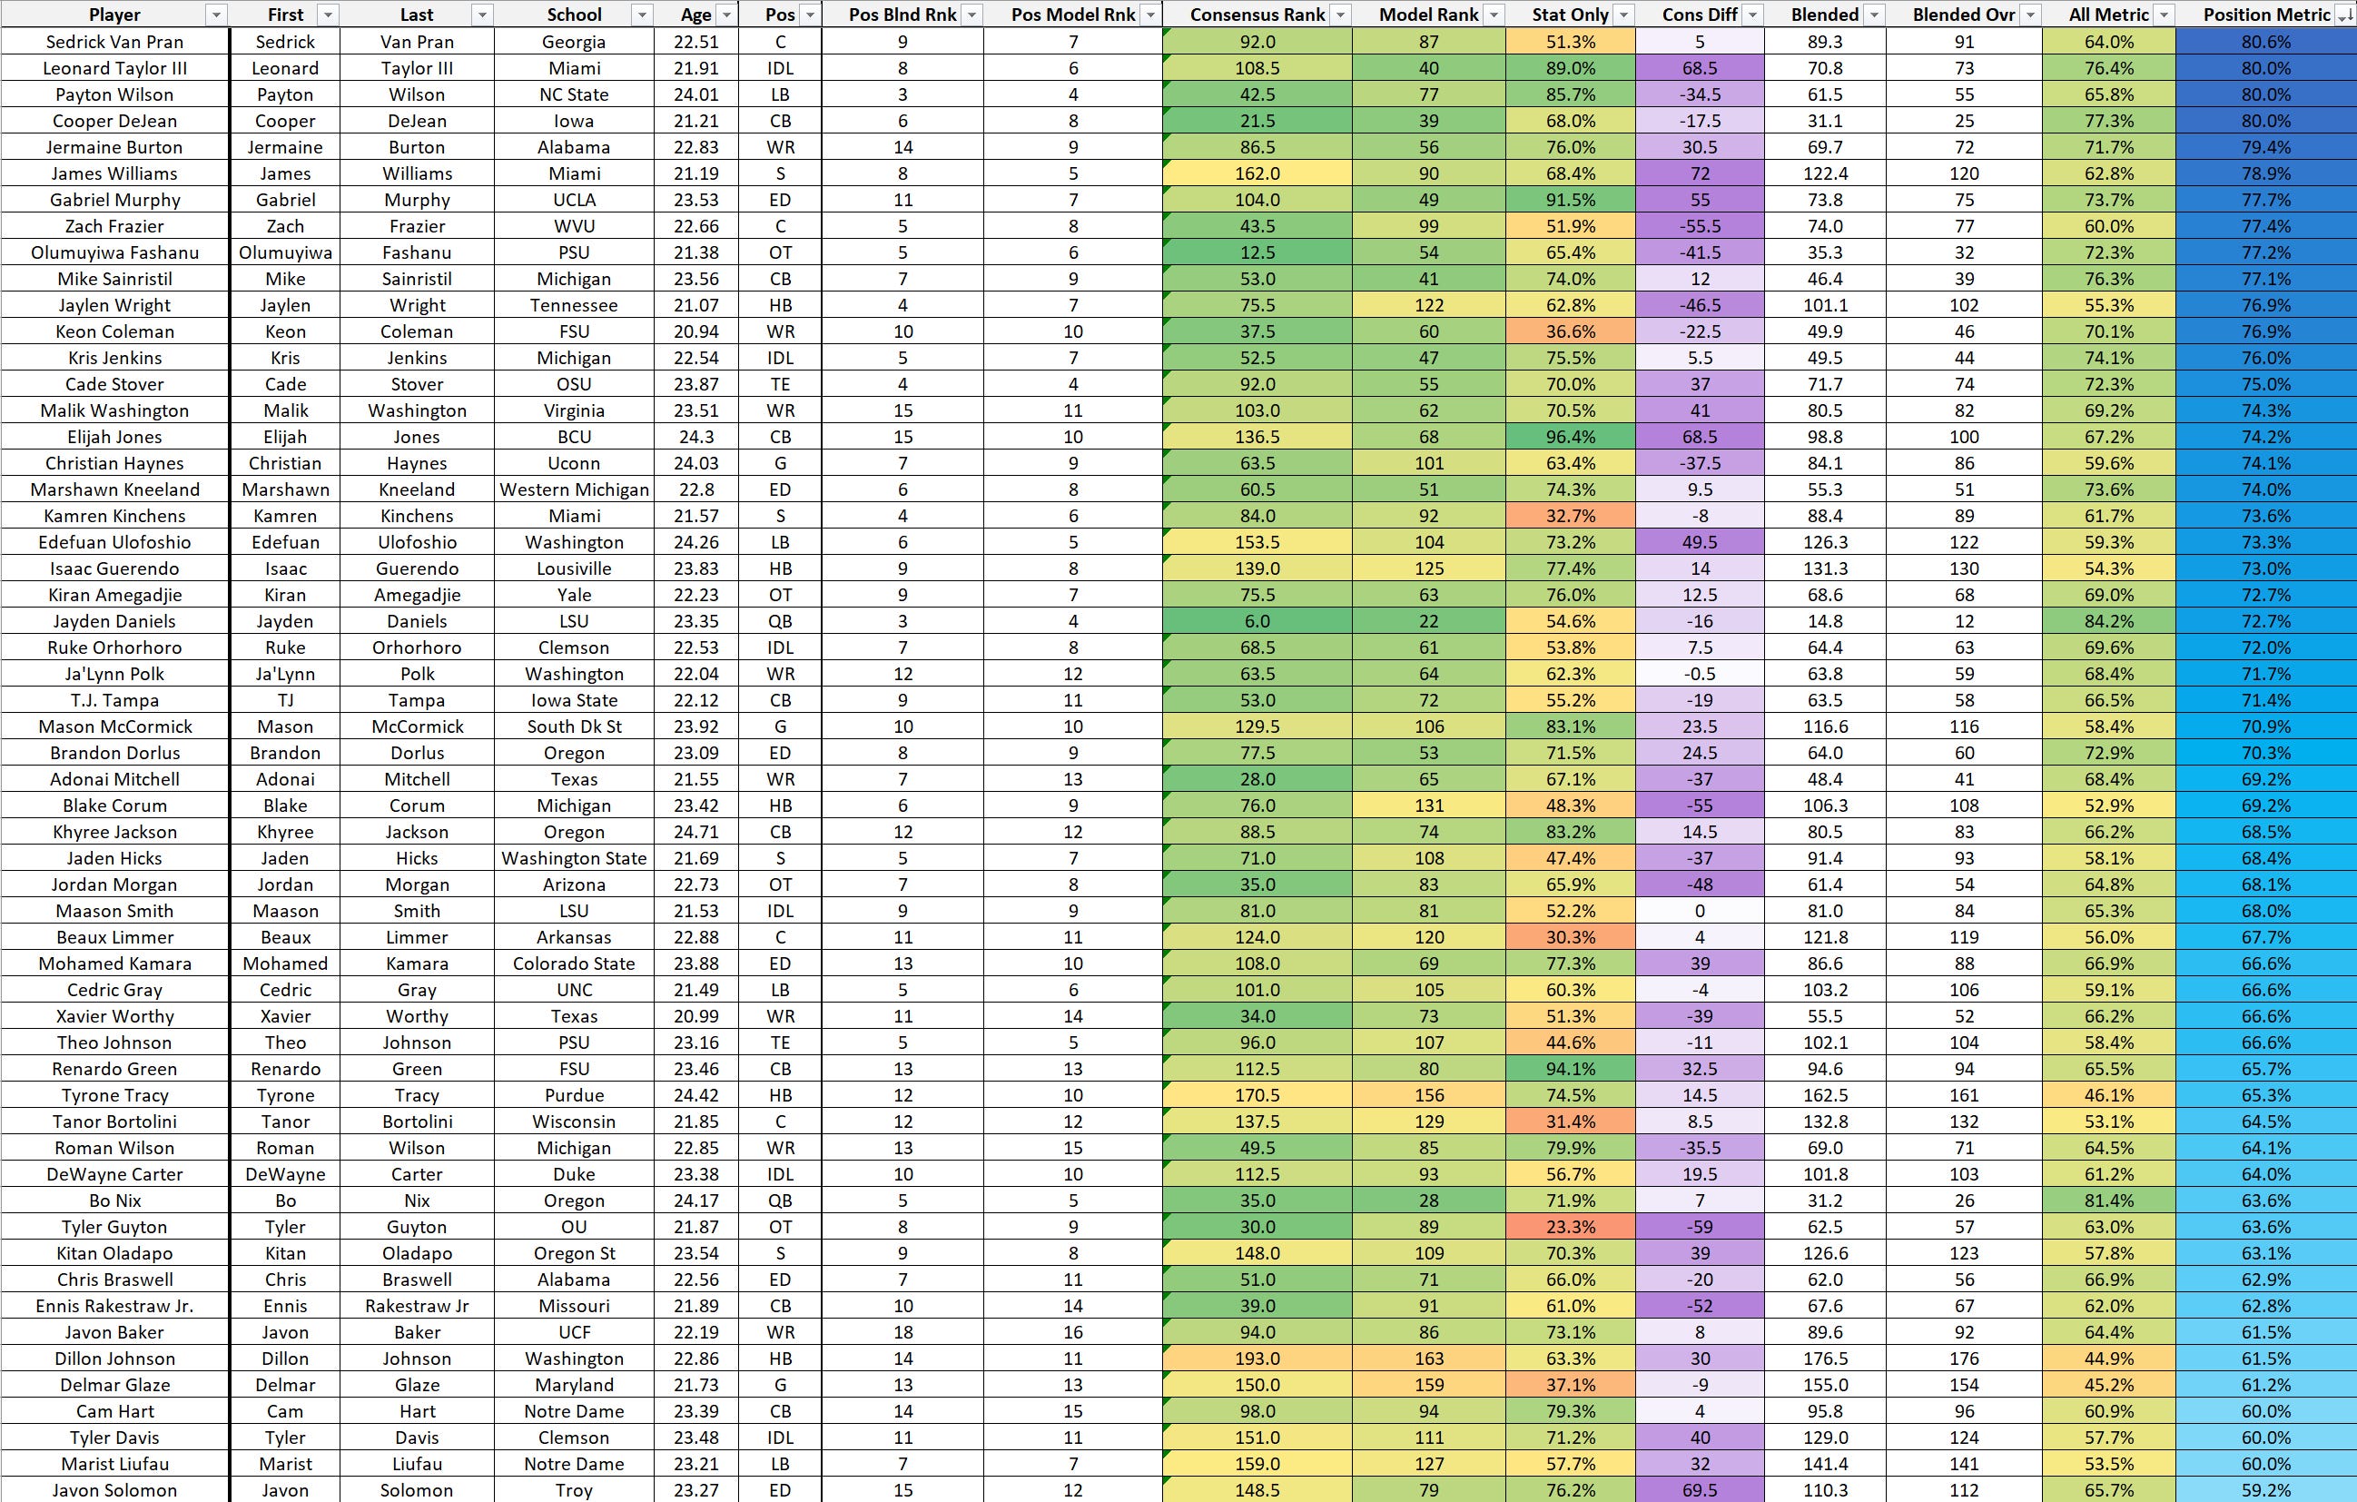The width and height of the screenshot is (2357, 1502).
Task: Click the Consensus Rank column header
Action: (x=1257, y=15)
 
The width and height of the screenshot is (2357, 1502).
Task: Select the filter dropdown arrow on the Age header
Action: (x=726, y=15)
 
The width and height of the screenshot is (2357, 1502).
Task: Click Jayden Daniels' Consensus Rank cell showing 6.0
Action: (x=1257, y=622)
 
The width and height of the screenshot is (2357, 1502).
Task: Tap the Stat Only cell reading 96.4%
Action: (x=1570, y=438)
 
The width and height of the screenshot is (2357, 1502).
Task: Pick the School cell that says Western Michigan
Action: (x=574, y=489)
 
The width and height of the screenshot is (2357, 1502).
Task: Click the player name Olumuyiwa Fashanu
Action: (x=114, y=252)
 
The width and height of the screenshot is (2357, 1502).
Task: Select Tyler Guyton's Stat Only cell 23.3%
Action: (x=1570, y=1228)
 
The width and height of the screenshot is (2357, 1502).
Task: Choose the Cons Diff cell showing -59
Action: (x=1700, y=1228)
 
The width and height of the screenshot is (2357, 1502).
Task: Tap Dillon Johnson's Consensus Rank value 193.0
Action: (x=1257, y=1359)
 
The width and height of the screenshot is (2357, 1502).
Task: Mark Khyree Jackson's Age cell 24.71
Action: (x=696, y=832)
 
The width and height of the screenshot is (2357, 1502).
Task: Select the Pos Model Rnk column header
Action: (x=1073, y=15)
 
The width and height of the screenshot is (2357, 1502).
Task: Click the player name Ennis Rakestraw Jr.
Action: (x=114, y=1306)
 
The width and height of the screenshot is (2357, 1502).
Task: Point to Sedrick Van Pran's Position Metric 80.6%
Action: (x=2265, y=42)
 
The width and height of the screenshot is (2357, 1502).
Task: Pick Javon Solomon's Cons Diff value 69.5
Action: (x=1700, y=1490)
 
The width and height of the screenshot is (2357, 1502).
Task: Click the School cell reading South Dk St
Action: (x=574, y=726)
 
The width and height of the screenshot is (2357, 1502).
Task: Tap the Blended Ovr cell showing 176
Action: (x=1964, y=1359)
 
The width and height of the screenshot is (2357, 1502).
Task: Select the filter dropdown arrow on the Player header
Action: (x=216, y=15)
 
